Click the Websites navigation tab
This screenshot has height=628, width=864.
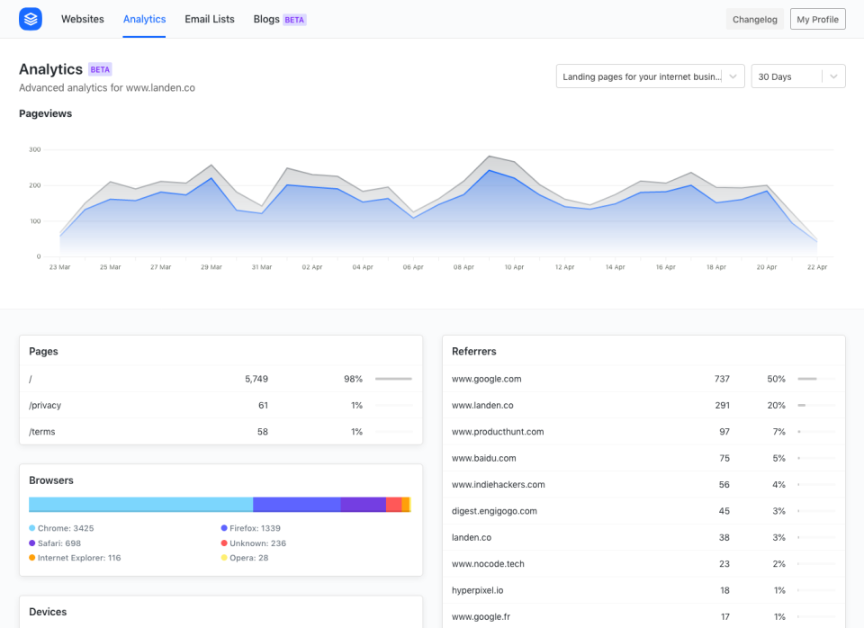[82, 19]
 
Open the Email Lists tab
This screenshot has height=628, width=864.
[210, 19]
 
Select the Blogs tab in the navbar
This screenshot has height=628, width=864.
[266, 19]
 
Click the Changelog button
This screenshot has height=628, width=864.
[754, 19]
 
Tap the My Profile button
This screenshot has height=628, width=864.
[817, 19]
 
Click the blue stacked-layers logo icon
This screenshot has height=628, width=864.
[31, 19]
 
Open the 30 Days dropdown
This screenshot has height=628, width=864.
[797, 76]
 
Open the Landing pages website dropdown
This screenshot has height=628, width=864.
[650, 76]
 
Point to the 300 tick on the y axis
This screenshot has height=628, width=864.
[34, 149]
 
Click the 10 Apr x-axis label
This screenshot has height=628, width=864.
[514, 267]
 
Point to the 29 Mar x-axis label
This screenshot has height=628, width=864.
[211, 267]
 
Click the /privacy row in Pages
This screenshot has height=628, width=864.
[45, 405]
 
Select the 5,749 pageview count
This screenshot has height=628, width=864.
[256, 379]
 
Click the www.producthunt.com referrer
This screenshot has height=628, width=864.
[497, 432]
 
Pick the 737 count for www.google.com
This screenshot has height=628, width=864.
[722, 379]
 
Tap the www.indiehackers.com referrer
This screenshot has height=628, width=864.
[498, 484]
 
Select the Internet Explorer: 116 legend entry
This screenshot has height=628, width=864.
[78, 558]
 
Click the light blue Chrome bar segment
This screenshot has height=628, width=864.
[140, 505]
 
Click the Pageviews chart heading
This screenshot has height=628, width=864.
[45, 113]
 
